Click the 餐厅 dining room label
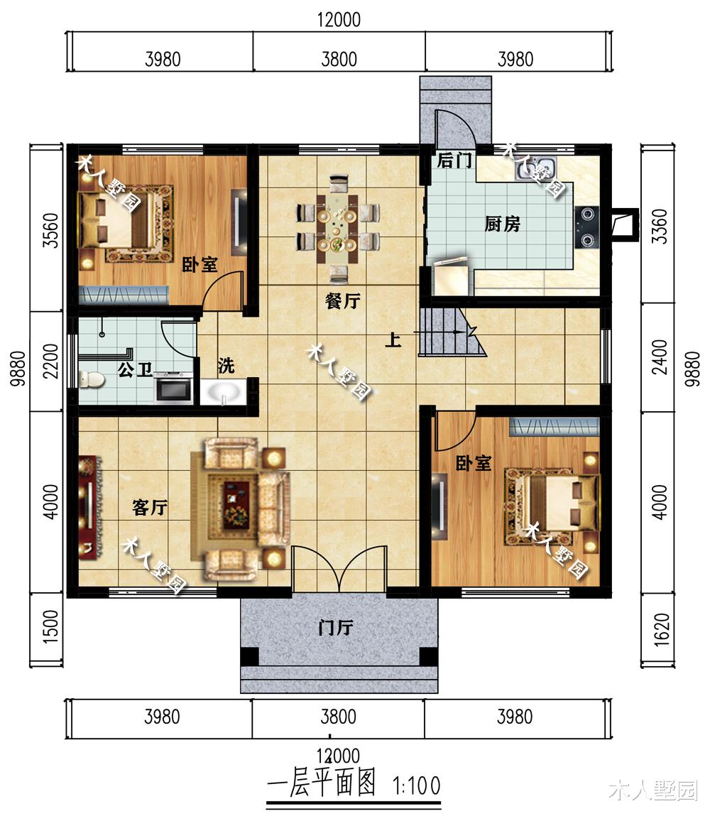tap(342, 301)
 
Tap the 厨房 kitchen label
tap(502, 224)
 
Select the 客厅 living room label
tap(150, 508)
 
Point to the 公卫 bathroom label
tap(135, 369)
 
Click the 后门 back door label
tap(454, 161)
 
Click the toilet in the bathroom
tap(91, 379)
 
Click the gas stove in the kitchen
tap(588, 225)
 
